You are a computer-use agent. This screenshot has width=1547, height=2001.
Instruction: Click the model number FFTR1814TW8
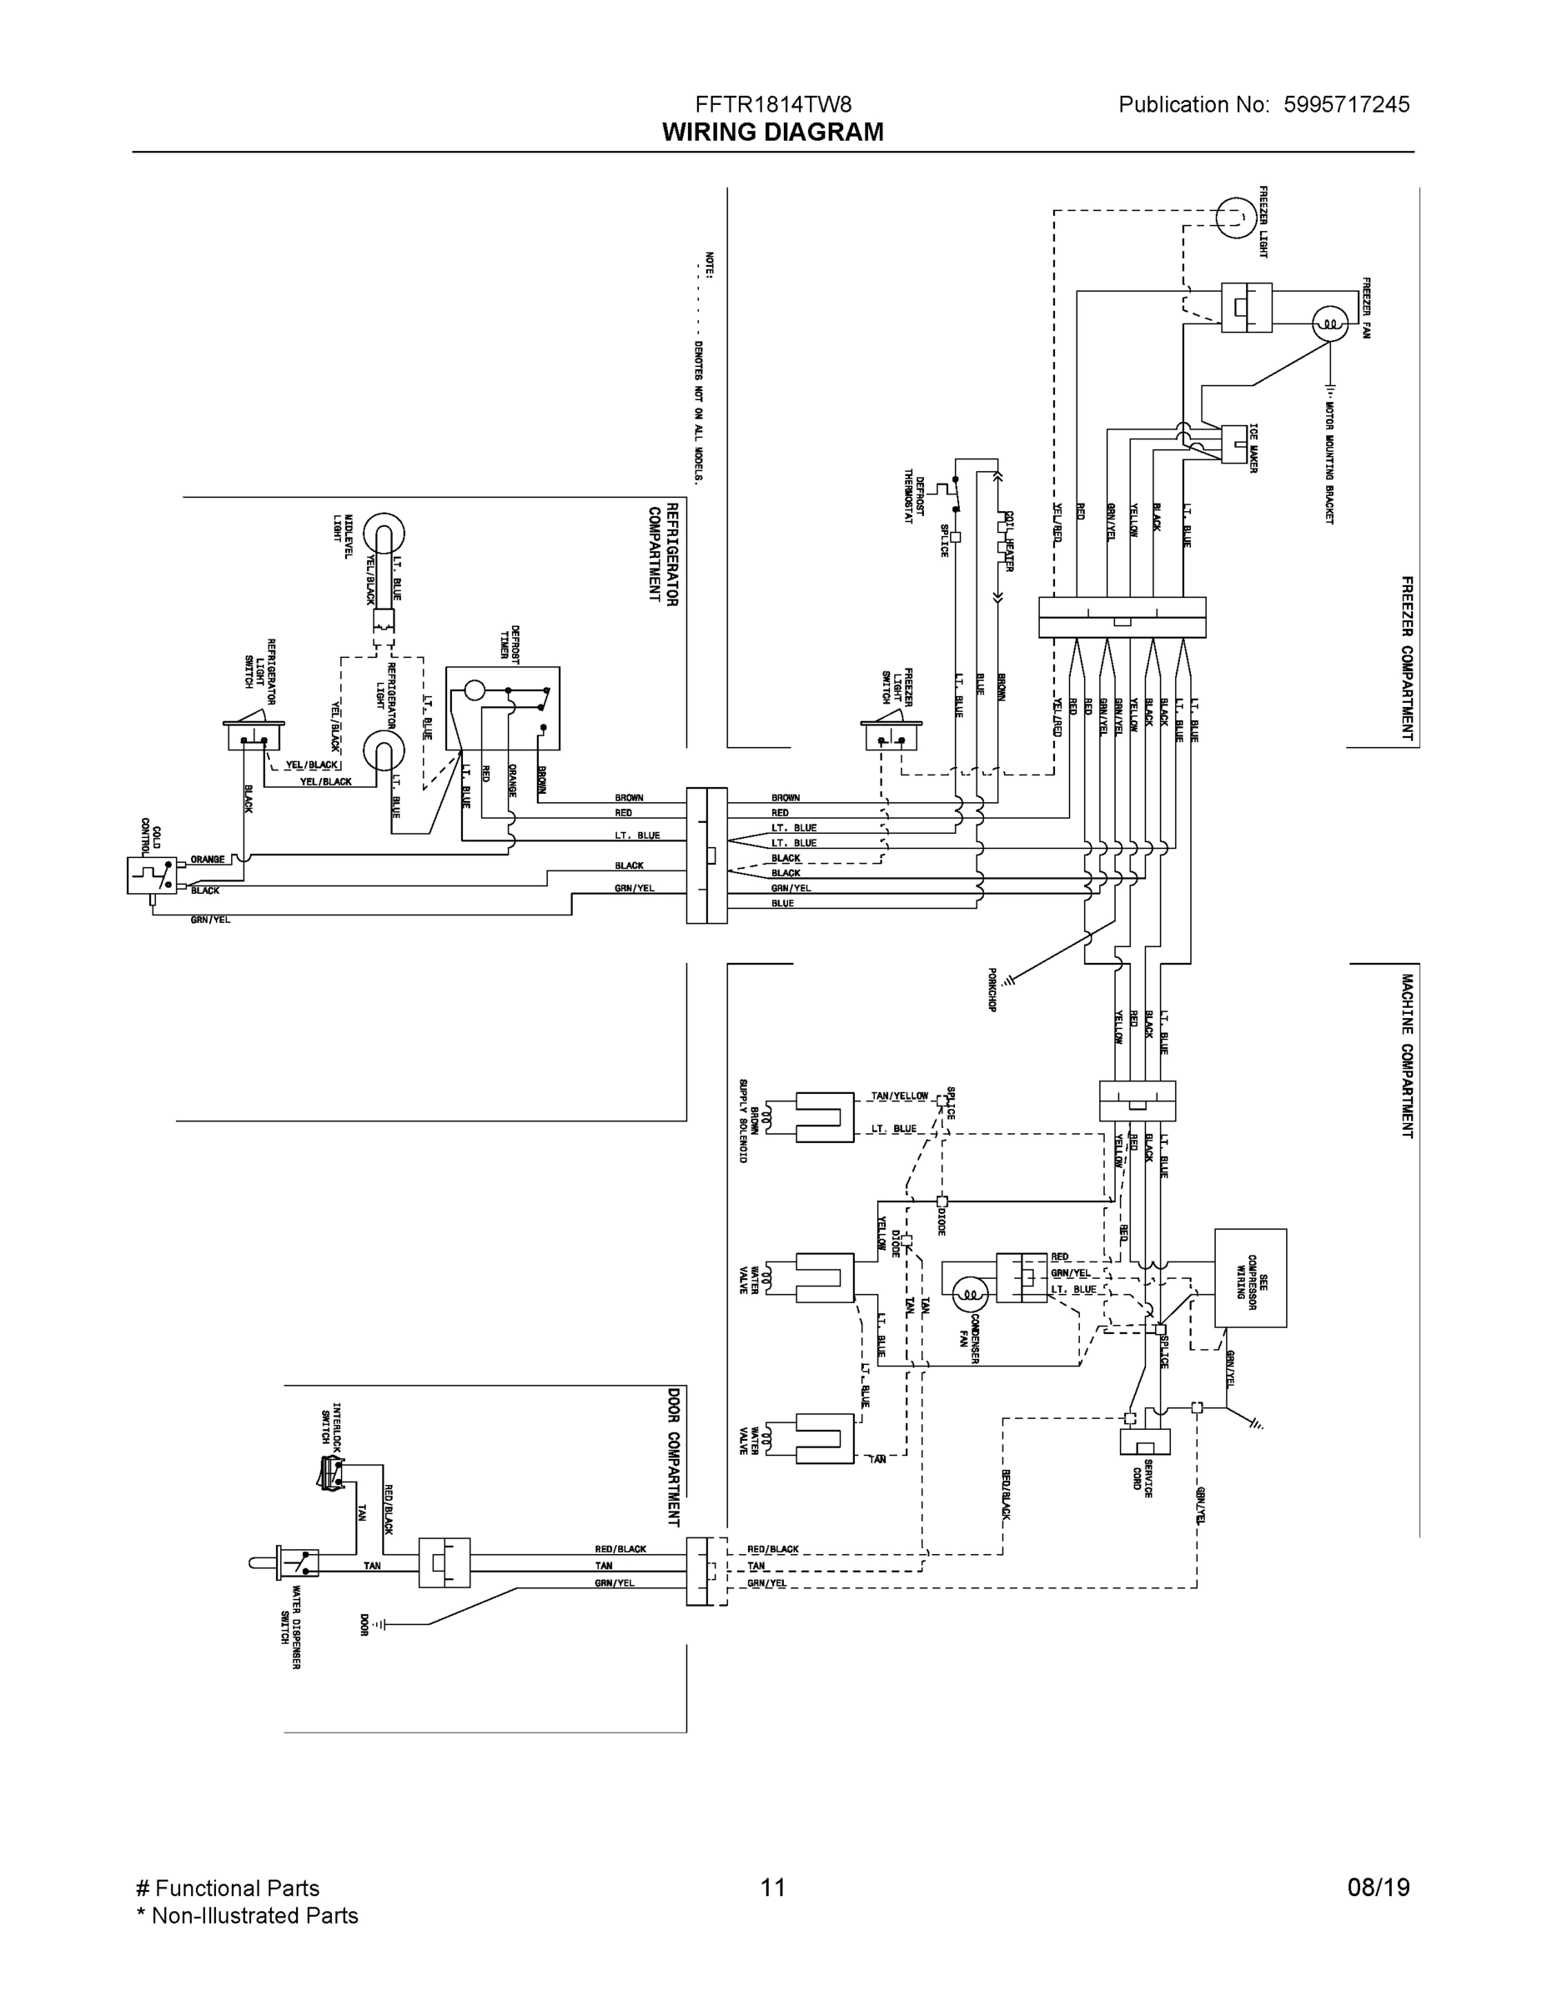click(x=772, y=104)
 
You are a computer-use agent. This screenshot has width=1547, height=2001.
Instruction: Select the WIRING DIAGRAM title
click(x=772, y=132)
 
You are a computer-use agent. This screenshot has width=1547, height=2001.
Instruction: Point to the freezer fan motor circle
click(x=1330, y=323)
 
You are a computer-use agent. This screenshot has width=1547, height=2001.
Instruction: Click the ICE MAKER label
click(x=1253, y=449)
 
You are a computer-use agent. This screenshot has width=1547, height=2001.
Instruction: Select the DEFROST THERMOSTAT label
click(x=914, y=496)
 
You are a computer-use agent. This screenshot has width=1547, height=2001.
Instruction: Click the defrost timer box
click(x=502, y=708)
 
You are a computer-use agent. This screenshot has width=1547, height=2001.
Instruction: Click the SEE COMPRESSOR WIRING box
click(x=1250, y=1277)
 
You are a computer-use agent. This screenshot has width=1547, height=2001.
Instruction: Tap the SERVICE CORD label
click(x=1143, y=1477)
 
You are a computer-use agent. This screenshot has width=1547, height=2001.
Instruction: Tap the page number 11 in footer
click(x=772, y=1888)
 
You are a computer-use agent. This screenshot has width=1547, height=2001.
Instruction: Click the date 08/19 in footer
click(x=1378, y=1888)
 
